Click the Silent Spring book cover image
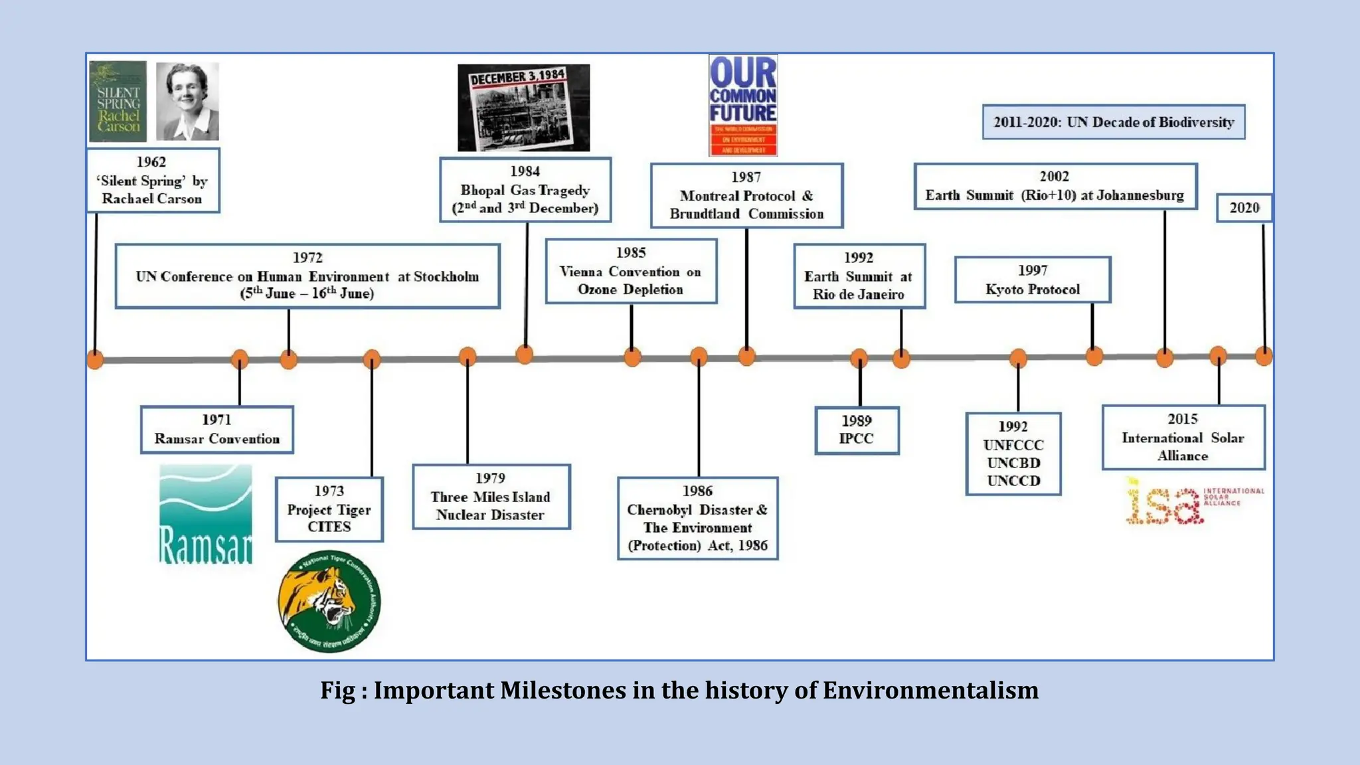point(118,102)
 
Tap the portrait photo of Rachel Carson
point(187,102)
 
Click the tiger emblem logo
point(329,602)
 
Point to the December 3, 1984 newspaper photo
point(524,108)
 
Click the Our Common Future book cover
point(743,106)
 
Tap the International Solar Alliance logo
point(1193,501)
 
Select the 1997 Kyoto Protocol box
point(1033,280)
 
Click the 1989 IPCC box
point(857,430)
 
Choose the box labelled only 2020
point(1244,208)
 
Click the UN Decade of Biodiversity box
point(1114,122)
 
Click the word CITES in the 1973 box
point(329,527)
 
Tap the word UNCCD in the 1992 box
point(1013,481)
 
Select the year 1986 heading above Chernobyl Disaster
point(697,491)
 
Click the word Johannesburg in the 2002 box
point(1140,195)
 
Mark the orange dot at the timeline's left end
point(96,359)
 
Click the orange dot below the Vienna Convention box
point(632,357)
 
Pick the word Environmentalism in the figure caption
point(930,691)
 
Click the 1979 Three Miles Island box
point(491,497)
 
